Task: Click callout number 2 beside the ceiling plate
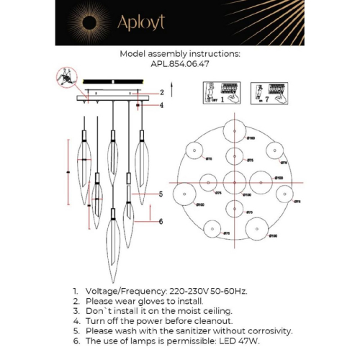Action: click(x=162, y=92)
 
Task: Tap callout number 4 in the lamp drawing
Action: click(x=162, y=105)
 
